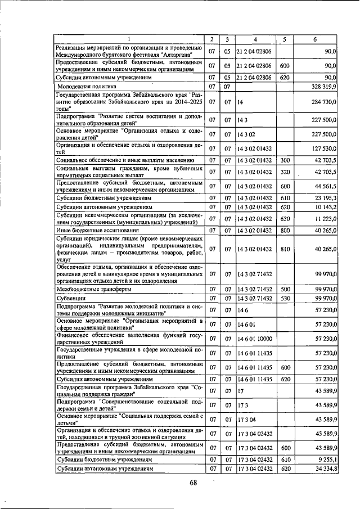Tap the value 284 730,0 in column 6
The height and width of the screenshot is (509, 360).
tap(322, 102)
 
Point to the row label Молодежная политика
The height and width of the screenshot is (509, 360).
tap(86, 87)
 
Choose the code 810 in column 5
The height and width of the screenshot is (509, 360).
tap(285, 249)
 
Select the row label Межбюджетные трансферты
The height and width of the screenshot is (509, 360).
tap(94, 289)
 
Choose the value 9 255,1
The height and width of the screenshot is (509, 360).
tap(326, 459)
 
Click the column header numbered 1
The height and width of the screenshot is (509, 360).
tap(128, 39)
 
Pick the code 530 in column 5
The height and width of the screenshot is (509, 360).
tap(285, 298)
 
